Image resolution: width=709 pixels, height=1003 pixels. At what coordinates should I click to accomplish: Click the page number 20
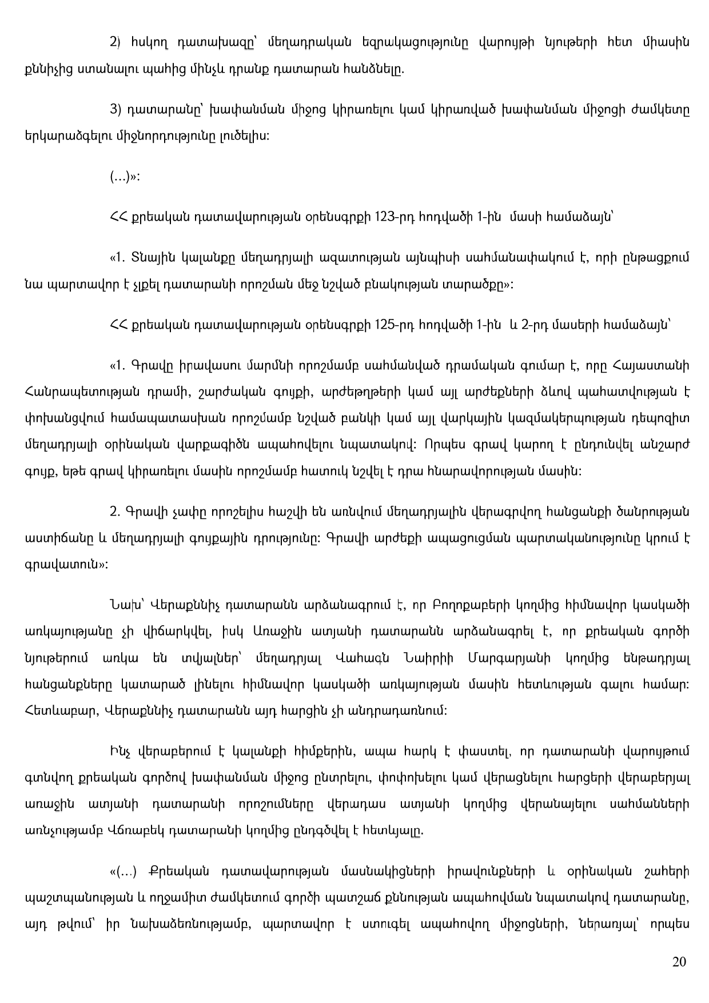click(x=679, y=962)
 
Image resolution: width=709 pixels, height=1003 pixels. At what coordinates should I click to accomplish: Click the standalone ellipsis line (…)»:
click(x=125, y=177)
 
